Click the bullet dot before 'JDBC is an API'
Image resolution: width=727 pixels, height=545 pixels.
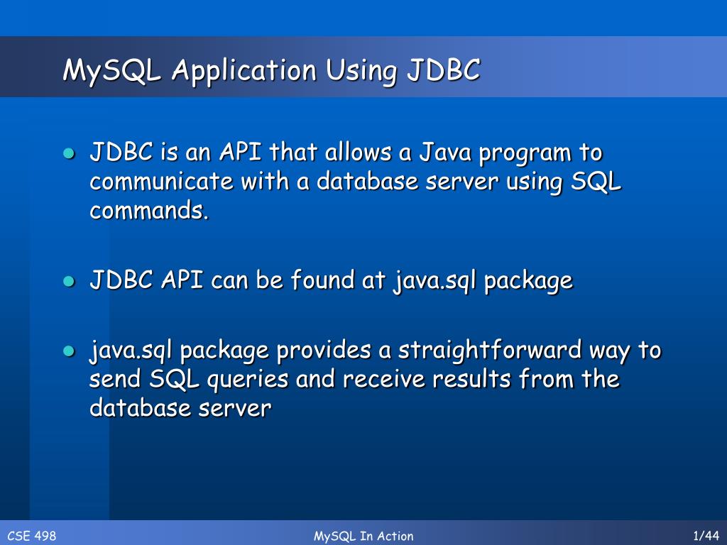click(68, 153)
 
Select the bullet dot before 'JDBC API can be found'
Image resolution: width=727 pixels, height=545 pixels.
click(68, 281)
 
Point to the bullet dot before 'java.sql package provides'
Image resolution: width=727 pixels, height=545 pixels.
click(68, 351)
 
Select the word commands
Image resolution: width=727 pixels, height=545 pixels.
click(150, 211)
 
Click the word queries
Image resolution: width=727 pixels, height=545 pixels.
click(247, 380)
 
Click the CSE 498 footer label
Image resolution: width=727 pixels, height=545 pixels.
click(31, 536)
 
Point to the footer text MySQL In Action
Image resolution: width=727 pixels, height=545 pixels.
click(363, 536)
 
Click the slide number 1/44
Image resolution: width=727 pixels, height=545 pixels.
click(705, 536)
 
